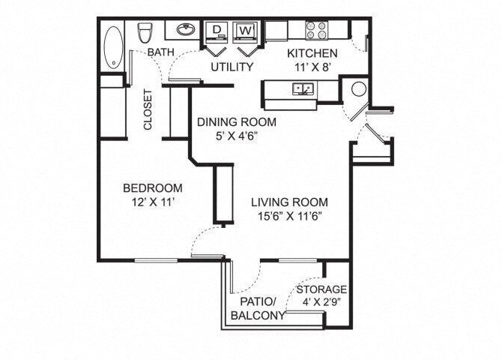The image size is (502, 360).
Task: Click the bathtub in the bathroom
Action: point(114,48)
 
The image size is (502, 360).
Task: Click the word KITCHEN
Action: point(312,53)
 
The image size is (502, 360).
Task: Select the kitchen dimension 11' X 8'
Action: point(312,67)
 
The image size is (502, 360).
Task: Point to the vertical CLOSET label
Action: point(148,110)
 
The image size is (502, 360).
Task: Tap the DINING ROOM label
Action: point(236,121)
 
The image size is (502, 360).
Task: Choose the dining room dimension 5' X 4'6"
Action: point(236,136)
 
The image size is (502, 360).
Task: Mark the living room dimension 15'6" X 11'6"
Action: point(289,216)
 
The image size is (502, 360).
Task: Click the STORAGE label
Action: point(321,289)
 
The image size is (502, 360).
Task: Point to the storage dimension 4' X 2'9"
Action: point(321,302)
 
